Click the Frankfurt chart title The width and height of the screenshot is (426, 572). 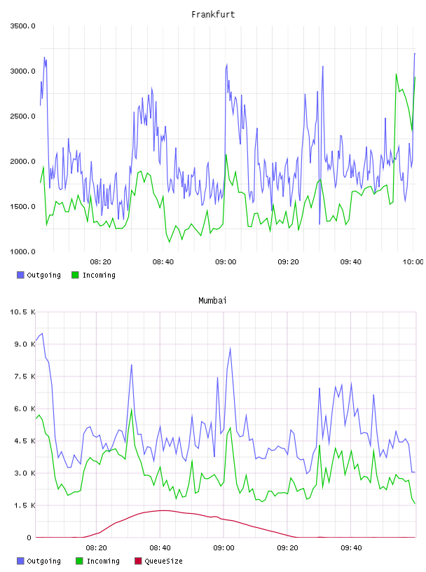[213, 14]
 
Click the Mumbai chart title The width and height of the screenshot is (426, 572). [212, 300]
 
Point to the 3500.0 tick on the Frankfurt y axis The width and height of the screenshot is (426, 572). [22, 26]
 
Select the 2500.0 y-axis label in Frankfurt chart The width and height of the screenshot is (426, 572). [22, 116]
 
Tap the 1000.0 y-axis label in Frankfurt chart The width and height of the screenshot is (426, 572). [22, 252]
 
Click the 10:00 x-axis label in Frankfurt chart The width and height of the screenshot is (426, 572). [413, 262]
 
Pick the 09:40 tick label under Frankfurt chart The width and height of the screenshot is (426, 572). [351, 262]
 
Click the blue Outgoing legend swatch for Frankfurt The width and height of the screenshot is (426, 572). [20, 275]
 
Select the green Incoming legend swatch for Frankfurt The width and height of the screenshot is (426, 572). [75, 275]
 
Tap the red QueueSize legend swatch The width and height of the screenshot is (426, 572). [138, 561]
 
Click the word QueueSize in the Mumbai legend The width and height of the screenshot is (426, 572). [164, 561]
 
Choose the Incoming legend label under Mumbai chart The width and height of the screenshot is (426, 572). [103, 561]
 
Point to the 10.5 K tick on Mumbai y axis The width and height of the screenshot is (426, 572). [22, 312]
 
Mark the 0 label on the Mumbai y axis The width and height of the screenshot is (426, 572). [29, 538]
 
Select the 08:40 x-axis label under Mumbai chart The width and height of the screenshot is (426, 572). [160, 548]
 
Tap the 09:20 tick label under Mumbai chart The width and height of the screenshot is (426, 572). [287, 548]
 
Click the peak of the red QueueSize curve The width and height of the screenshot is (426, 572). [162, 510]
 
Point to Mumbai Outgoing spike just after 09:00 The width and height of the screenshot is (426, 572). [230, 348]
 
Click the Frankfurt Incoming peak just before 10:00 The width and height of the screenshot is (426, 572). [397, 74]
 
